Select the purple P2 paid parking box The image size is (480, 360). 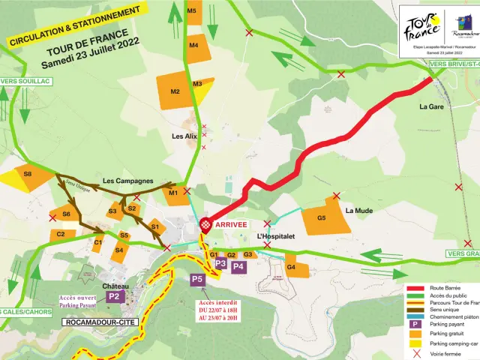pyautogui.click(x=114, y=296)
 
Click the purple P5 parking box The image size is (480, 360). pyautogui.click(x=197, y=280)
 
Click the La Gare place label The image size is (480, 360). pyautogui.click(x=433, y=106)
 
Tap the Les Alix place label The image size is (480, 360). pyautogui.click(x=184, y=136)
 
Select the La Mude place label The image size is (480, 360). pyautogui.click(x=358, y=211)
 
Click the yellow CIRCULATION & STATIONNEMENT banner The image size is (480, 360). pyautogui.click(x=74, y=23)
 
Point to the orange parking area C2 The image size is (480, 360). pyautogui.click(x=61, y=235)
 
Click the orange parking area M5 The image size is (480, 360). pyautogui.click(x=192, y=14)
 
